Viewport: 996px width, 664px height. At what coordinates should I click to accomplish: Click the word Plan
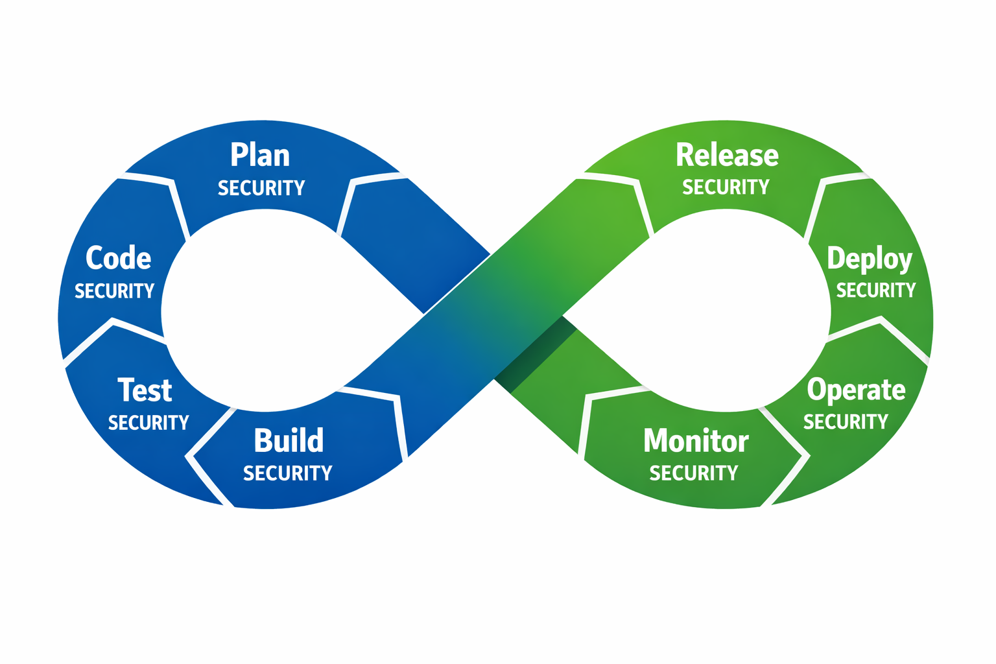(x=260, y=156)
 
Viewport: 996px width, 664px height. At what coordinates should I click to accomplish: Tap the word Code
(x=119, y=258)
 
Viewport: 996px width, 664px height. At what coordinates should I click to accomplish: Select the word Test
(x=145, y=390)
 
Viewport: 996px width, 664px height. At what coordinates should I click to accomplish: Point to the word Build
(x=289, y=441)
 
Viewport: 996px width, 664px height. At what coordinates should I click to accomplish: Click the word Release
(x=727, y=156)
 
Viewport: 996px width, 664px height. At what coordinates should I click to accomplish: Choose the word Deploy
(x=870, y=259)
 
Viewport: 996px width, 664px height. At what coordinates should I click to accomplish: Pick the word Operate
(x=856, y=390)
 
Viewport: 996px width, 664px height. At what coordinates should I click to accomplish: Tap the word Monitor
(x=696, y=441)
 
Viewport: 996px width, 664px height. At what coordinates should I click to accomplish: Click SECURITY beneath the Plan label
(x=261, y=188)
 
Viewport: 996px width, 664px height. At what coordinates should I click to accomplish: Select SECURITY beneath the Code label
(x=114, y=291)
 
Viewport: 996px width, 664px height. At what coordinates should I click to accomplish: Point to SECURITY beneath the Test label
(x=148, y=423)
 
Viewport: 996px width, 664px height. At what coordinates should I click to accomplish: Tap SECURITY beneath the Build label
(x=287, y=473)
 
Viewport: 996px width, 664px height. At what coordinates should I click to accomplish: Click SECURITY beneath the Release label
(x=726, y=187)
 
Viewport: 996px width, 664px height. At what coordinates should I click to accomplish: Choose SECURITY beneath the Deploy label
(x=875, y=290)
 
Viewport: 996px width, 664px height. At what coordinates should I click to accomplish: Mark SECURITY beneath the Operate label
(x=846, y=422)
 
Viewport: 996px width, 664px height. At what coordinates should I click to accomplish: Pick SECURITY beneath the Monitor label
(x=694, y=473)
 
